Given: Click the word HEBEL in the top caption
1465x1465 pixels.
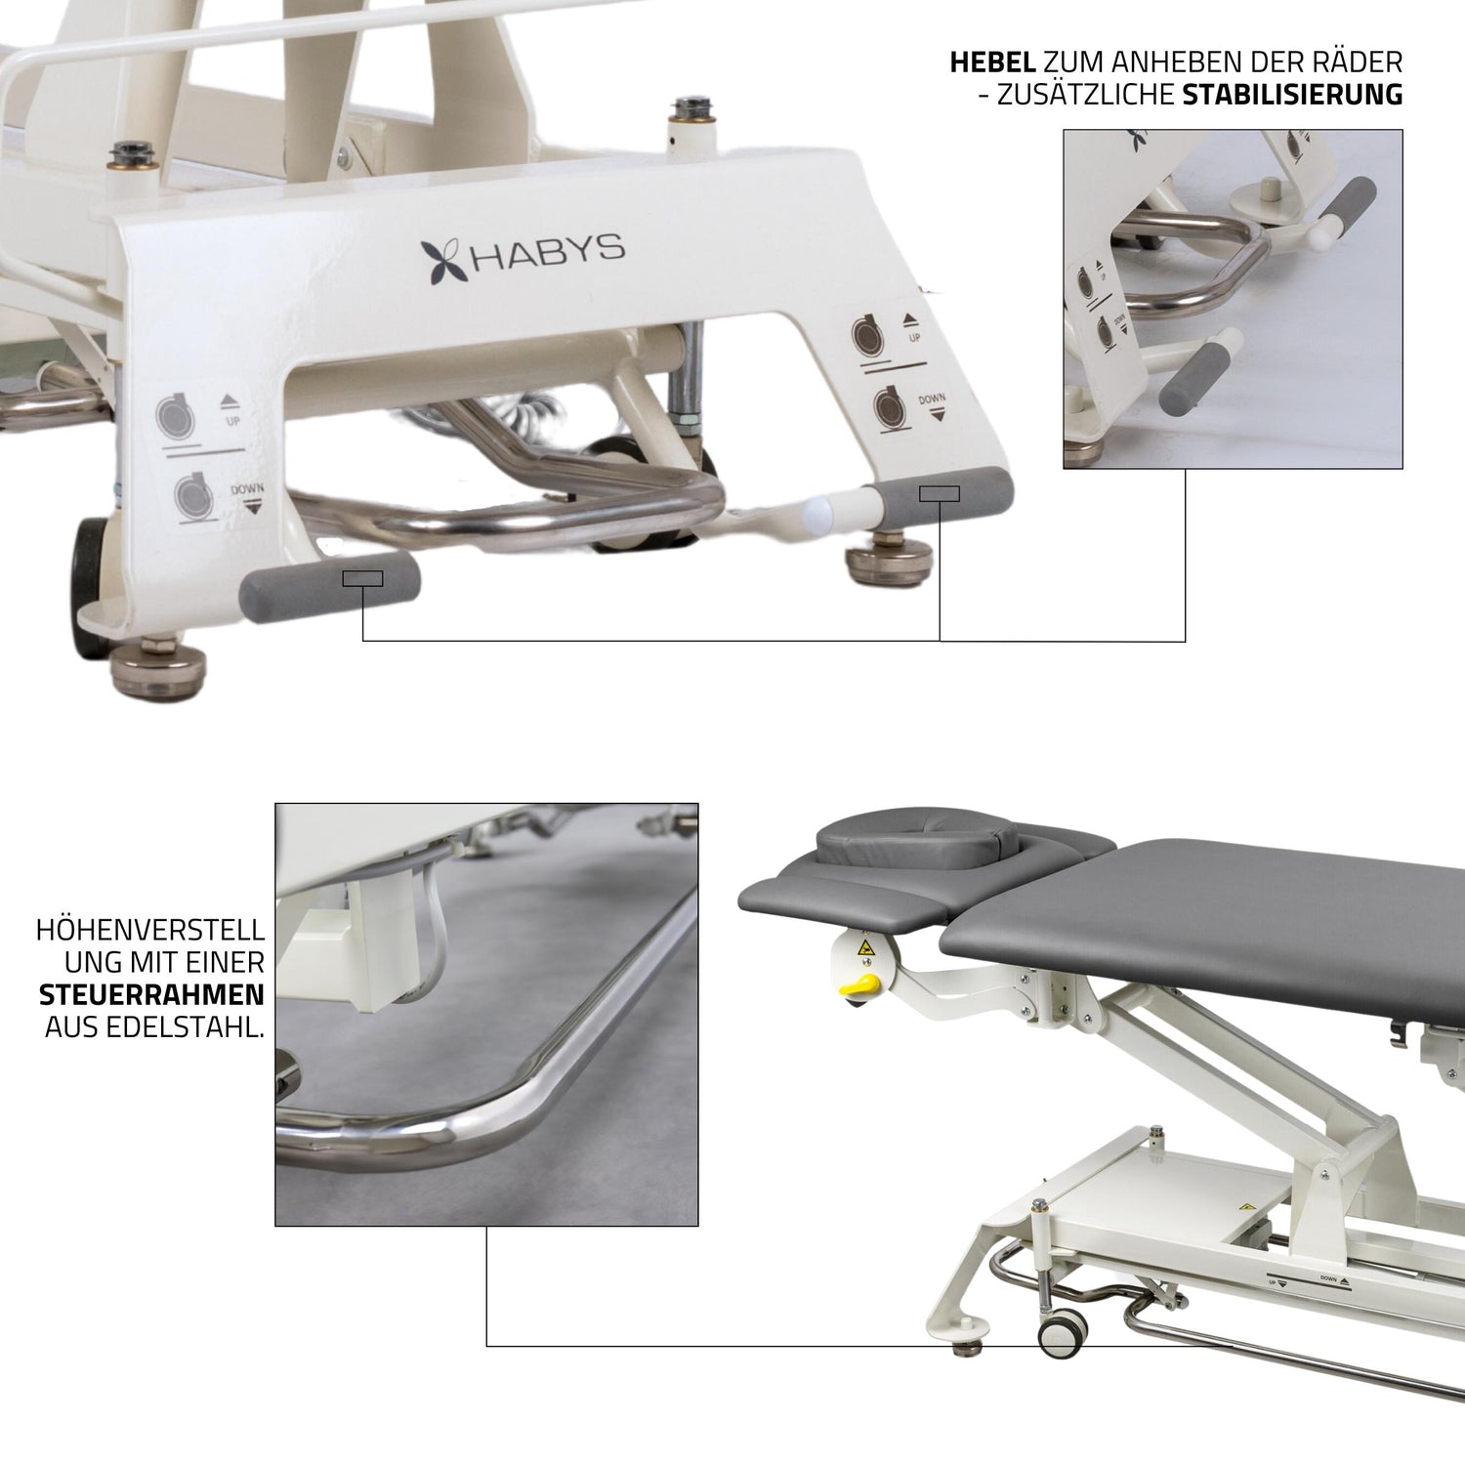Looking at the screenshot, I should [x=991, y=63].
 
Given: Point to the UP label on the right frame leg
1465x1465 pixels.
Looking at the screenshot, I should [x=914, y=337].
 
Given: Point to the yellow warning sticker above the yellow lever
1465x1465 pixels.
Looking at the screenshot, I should [x=865, y=948].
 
